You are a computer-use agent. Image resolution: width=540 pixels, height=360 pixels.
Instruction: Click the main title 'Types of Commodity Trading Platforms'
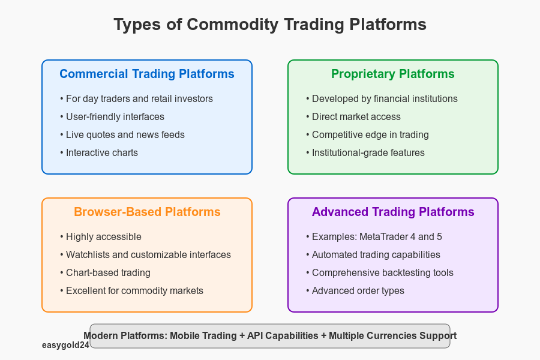[270, 25]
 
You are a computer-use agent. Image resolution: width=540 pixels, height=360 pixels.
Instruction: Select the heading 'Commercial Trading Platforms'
[147, 74]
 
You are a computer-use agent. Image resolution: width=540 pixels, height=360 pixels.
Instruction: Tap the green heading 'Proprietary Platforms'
[392, 74]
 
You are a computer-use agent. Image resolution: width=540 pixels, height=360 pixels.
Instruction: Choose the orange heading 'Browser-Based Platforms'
[147, 212]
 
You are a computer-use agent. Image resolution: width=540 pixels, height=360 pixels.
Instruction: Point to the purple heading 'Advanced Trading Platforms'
[393, 212]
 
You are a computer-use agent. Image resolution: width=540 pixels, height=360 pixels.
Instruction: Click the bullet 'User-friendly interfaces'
[112, 116]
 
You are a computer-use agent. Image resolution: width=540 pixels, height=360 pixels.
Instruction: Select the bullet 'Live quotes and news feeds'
[122, 134]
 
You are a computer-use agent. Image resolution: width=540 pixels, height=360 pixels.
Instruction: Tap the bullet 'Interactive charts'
[99, 152]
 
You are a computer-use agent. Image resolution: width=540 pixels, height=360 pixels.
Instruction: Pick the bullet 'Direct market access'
[353, 116]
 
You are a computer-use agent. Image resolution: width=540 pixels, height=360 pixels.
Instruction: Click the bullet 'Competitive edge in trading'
[367, 134]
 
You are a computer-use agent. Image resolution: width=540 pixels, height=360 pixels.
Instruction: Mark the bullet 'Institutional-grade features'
[365, 152]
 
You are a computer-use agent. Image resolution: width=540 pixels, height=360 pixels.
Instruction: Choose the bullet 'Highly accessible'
[101, 236]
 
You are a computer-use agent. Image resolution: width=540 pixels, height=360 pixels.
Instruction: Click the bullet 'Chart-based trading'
[105, 272]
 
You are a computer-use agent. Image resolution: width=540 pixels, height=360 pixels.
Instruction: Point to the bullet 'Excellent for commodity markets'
[131, 290]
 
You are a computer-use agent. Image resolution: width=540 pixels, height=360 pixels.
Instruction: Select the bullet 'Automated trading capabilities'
[373, 254]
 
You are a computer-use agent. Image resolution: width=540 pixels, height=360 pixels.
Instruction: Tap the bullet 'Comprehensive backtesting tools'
[380, 272]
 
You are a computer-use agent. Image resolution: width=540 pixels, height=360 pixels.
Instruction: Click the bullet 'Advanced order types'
[355, 290]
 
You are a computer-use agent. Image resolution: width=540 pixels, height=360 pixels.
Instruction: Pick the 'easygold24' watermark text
[66, 345]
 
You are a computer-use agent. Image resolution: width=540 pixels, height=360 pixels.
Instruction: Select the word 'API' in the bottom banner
[255, 335]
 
